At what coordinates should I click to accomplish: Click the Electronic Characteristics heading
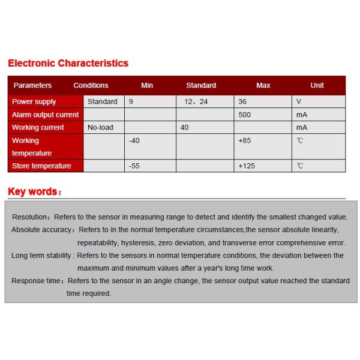(x=68, y=63)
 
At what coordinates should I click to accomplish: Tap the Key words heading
(x=34, y=192)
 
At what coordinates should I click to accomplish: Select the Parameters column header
(x=32, y=85)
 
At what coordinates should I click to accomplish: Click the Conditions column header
(x=91, y=85)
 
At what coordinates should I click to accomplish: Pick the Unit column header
(x=317, y=85)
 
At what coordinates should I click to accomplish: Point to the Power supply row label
(x=34, y=102)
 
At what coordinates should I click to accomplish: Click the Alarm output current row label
(x=45, y=115)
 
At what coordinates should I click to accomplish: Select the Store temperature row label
(x=41, y=166)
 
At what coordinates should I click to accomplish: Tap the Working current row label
(x=38, y=127)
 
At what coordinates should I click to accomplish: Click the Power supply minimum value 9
(x=131, y=102)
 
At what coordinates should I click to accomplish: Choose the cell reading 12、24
(x=196, y=102)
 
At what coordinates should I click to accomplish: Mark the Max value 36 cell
(x=243, y=102)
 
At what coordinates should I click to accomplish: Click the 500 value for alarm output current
(x=245, y=115)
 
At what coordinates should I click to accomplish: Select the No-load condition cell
(x=100, y=127)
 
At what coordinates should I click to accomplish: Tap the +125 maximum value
(x=247, y=166)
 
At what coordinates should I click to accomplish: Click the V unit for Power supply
(x=298, y=102)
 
